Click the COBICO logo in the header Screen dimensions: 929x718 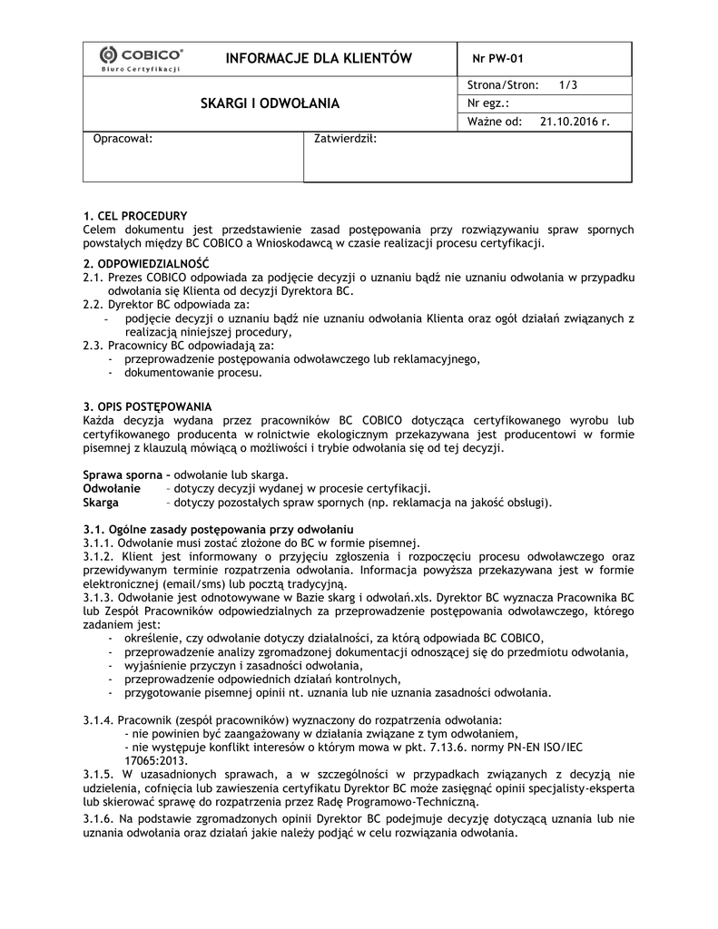pos(141,59)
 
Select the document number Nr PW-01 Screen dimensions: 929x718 pos(498,60)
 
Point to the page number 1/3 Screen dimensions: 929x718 pos(569,85)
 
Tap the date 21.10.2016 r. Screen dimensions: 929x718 pos(574,121)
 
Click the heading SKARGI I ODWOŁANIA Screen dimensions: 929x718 pos(270,103)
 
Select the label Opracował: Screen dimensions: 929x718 pos(123,140)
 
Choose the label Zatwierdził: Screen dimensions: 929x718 pos(345,140)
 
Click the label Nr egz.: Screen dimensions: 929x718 pos(489,103)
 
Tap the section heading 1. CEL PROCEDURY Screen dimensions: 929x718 pos(135,216)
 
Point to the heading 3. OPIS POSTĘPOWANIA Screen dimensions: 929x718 pos(147,406)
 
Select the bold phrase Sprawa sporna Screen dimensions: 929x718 pos(122,474)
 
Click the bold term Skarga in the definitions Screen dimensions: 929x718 pos(101,502)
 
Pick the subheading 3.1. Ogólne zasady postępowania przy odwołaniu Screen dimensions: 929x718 pos(218,529)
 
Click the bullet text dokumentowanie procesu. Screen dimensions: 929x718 pos(193,372)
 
